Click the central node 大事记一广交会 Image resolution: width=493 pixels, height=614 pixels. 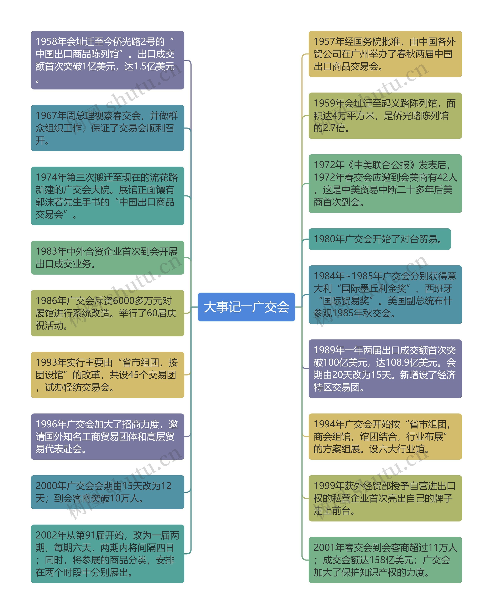(246, 307)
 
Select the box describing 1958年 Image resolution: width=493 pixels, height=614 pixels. (107, 60)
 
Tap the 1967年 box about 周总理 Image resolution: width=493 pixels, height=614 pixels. (107, 128)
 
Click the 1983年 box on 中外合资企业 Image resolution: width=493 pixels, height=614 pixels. (107, 257)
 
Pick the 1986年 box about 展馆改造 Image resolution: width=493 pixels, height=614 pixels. (107, 313)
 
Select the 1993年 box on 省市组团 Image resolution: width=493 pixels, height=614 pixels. (107, 375)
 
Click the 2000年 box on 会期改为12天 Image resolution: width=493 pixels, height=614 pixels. (107, 492)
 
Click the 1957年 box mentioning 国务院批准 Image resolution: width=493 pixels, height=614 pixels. (385, 54)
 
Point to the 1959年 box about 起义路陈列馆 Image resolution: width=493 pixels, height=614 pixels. (385, 116)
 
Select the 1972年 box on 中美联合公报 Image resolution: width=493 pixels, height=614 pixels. (385, 183)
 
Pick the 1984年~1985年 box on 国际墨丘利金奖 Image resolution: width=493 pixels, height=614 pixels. (385, 294)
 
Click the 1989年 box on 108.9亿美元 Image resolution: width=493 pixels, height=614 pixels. (385, 369)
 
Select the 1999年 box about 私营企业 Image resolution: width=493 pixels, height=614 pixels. (385, 498)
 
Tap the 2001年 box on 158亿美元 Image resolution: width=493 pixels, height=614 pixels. (385, 560)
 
